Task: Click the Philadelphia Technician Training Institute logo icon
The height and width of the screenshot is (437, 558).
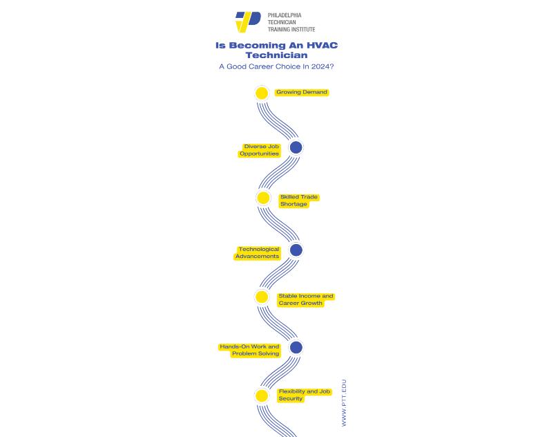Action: [247, 21]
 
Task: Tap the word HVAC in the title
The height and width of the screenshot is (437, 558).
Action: [322, 46]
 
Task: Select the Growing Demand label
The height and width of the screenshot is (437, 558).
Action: [302, 92]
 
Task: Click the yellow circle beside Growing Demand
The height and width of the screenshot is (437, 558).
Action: [261, 93]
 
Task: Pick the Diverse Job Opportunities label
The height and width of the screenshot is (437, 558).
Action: [260, 150]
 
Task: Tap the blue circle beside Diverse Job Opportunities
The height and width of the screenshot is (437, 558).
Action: [296, 147]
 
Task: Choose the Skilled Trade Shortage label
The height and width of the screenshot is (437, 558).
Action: [298, 201]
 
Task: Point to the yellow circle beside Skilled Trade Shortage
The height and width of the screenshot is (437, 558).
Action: [263, 198]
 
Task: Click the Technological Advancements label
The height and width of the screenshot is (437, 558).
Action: [258, 252]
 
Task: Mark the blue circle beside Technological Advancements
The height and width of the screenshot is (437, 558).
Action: [296, 250]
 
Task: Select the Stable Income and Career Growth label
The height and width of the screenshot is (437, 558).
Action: [305, 299]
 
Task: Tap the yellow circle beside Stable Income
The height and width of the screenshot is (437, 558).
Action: [262, 297]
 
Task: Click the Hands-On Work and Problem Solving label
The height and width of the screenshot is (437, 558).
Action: [250, 350]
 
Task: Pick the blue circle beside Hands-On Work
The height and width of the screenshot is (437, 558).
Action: [296, 347]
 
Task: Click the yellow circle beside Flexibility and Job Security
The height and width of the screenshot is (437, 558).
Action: [262, 396]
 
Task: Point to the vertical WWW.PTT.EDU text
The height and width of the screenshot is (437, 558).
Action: [344, 402]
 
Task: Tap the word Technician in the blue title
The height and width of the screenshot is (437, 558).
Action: [276, 55]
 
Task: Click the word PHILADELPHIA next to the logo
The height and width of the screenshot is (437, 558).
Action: [285, 15]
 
